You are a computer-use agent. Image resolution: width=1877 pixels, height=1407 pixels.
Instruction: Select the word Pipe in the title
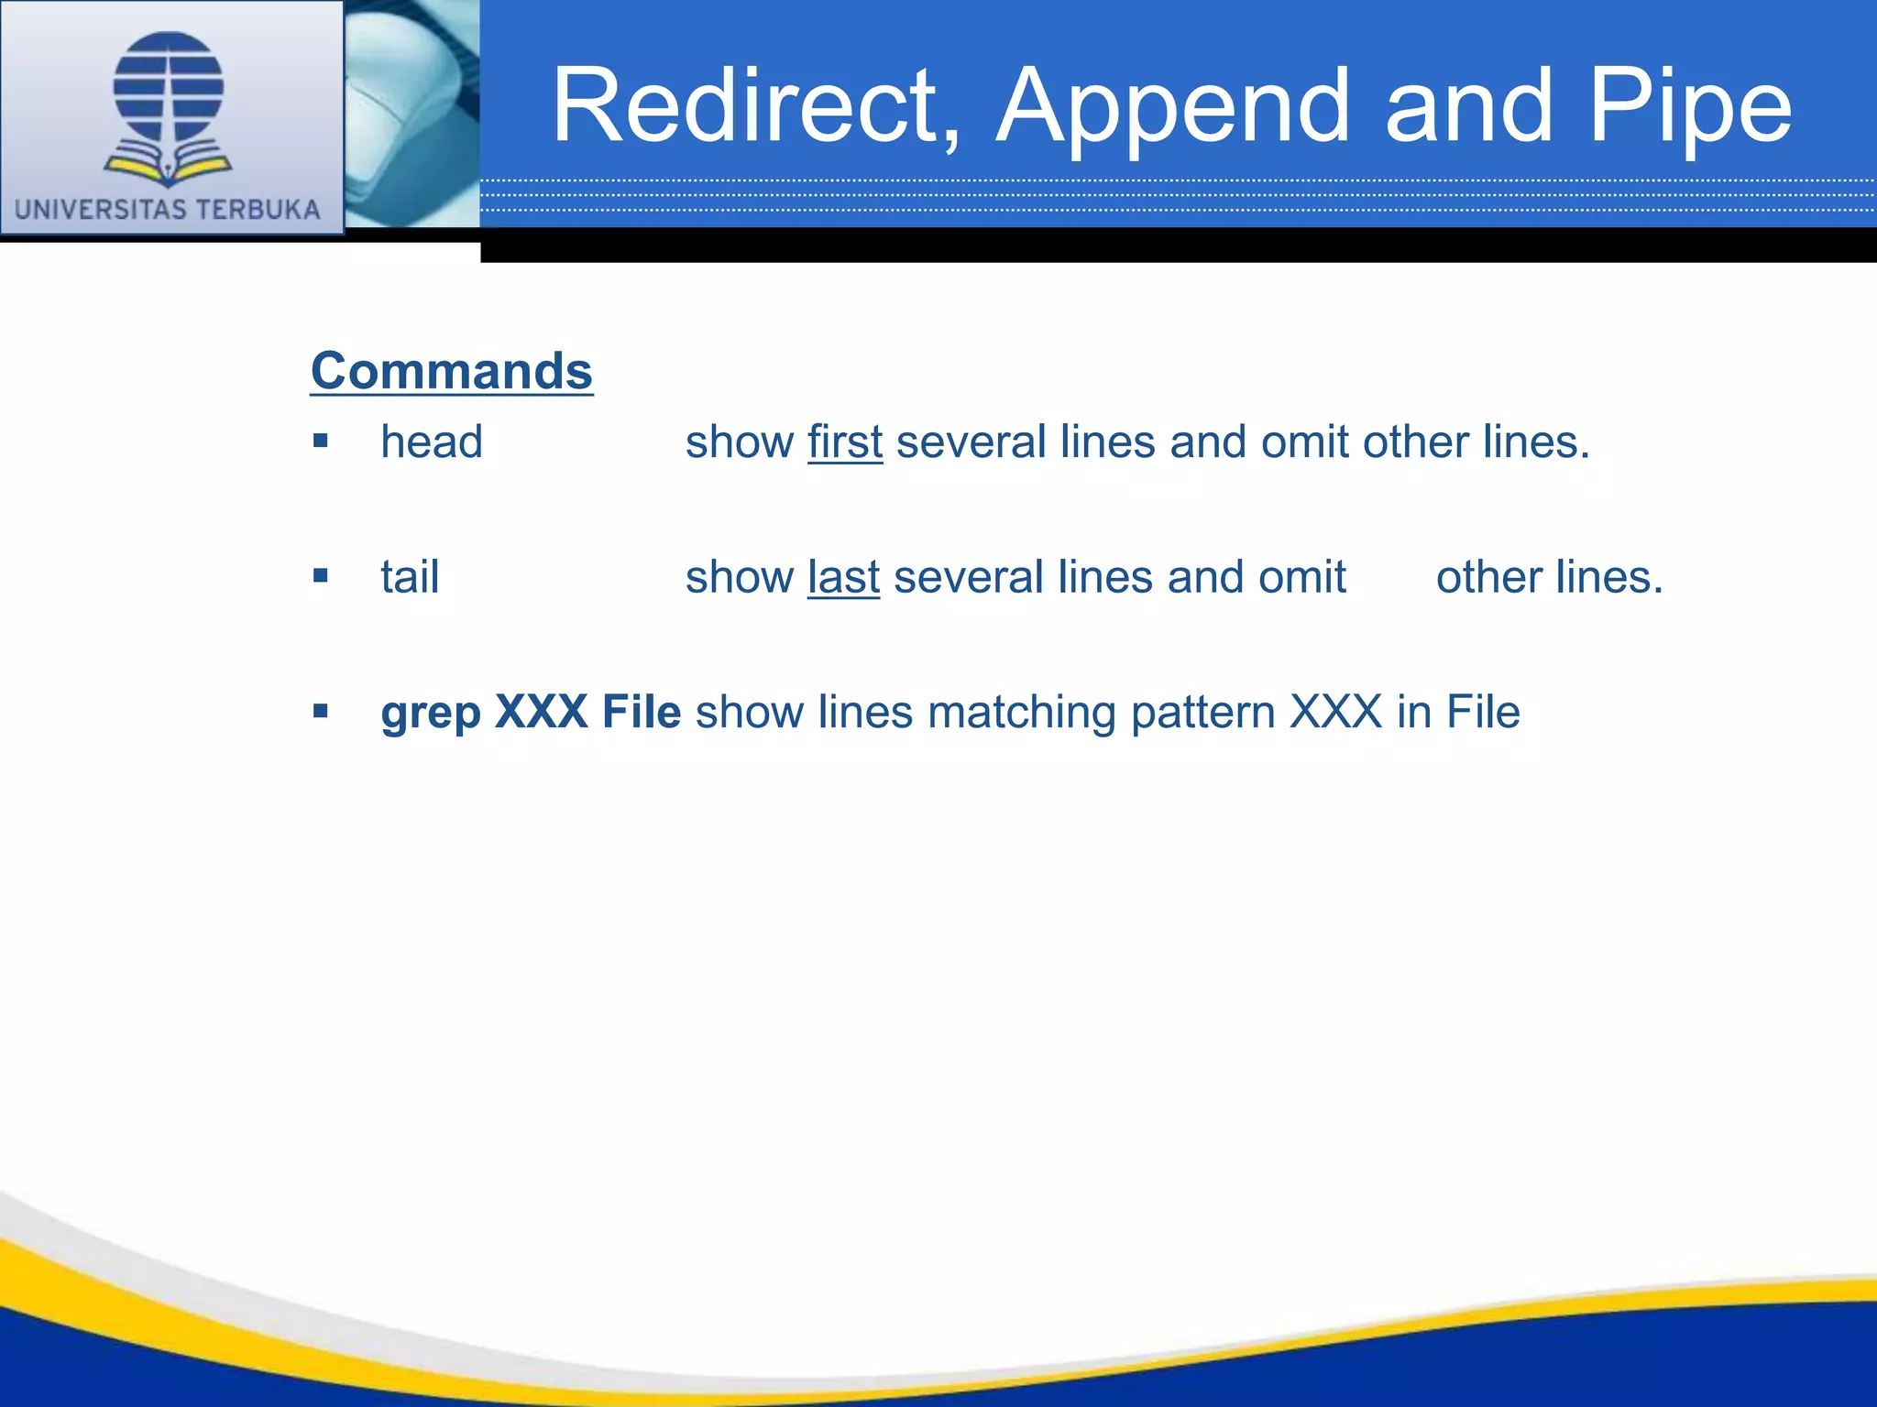point(1689,106)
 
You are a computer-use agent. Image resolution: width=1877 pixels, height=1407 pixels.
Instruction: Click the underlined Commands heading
point(452,371)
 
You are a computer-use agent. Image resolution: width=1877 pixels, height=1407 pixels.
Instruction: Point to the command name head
point(432,442)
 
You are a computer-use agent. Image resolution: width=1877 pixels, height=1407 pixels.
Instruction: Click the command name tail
point(410,577)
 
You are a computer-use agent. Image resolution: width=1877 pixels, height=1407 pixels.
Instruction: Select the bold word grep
point(431,713)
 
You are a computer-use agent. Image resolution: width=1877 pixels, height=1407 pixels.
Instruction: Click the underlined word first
point(845,442)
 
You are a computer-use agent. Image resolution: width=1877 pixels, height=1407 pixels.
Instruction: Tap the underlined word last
point(843,577)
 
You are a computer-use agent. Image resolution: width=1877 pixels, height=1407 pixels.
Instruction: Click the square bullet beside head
point(320,442)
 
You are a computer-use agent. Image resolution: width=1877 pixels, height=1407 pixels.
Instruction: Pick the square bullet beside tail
point(320,576)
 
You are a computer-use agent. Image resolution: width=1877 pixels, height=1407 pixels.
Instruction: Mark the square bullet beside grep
point(320,711)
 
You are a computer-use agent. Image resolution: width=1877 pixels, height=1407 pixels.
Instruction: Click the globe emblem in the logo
point(169,87)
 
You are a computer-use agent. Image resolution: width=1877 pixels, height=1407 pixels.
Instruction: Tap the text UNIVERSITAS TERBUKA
point(168,210)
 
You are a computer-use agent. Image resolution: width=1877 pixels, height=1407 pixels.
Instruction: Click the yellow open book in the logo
point(169,168)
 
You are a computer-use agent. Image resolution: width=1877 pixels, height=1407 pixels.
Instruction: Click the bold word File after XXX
point(641,712)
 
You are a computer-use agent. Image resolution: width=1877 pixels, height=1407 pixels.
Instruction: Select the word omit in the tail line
point(1301,577)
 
